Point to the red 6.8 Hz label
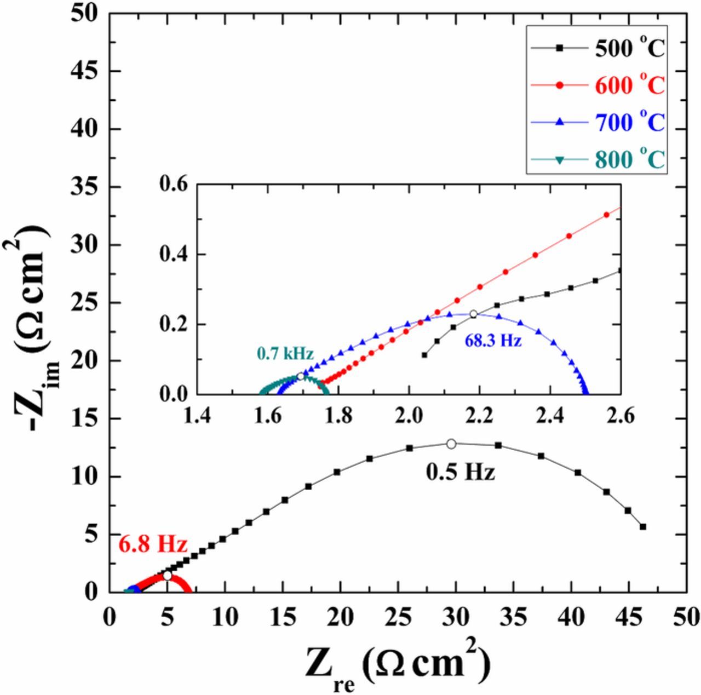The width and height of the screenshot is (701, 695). pyautogui.click(x=153, y=545)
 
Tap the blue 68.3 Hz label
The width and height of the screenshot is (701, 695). pyautogui.click(x=493, y=341)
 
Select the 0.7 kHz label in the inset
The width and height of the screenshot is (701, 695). pyautogui.click(x=284, y=354)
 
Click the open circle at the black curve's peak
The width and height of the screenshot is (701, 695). pyautogui.click(x=451, y=444)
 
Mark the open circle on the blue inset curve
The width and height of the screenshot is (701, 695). pyautogui.click(x=474, y=314)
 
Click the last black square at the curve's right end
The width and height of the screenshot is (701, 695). pyautogui.click(x=643, y=526)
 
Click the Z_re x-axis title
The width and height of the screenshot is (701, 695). pyautogui.click(x=397, y=663)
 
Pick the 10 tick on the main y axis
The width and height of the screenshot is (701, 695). pyautogui.click(x=84, y=476)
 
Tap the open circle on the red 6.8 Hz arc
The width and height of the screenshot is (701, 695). pyautogui.click(x=167, y=576)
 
